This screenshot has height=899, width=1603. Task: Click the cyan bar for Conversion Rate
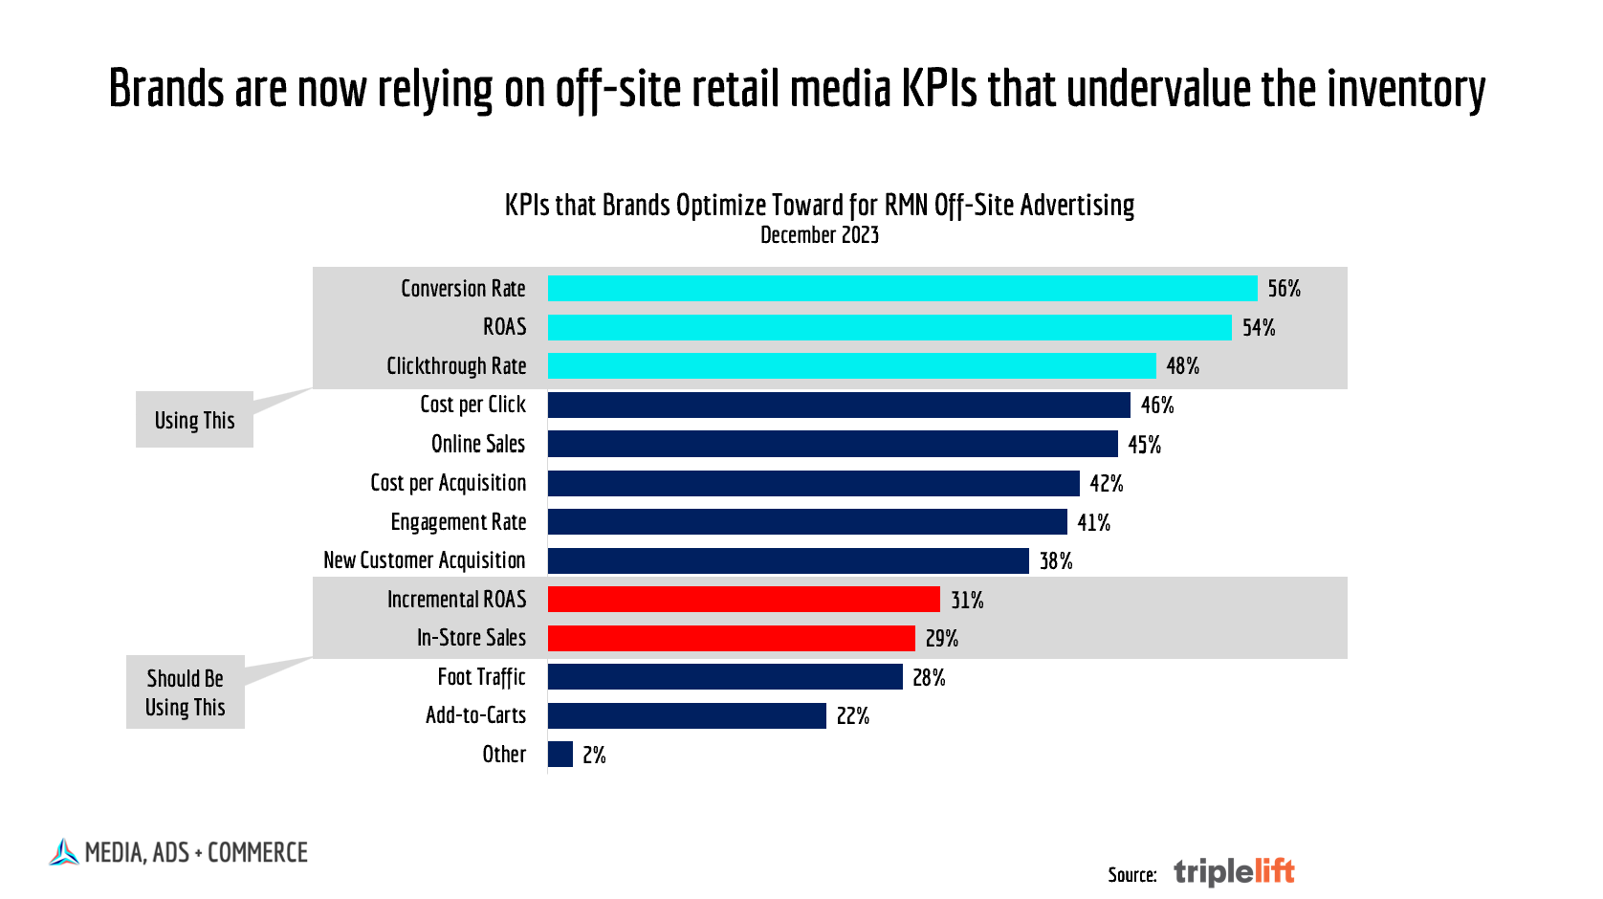902,288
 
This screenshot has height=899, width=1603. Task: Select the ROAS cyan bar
889,327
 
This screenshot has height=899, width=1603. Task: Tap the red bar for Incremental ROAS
743,600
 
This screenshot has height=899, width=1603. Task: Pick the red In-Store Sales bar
731,638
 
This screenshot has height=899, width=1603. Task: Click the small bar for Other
560,755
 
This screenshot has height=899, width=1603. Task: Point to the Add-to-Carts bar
687,715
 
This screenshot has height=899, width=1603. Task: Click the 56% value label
1284,289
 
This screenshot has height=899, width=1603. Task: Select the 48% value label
1182,366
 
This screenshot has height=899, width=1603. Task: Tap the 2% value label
594,756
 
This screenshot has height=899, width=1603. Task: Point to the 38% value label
1056,561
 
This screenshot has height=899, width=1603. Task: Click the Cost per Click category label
472,405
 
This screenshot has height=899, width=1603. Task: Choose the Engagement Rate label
458,522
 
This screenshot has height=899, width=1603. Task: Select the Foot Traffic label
481,677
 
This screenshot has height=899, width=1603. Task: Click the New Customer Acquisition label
424,560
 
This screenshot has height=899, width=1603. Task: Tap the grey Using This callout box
194,420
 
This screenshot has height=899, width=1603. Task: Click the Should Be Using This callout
185,692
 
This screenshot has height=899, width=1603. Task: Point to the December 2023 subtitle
819,235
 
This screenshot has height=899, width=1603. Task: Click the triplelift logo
1234,871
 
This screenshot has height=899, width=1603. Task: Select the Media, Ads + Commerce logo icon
63,852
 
